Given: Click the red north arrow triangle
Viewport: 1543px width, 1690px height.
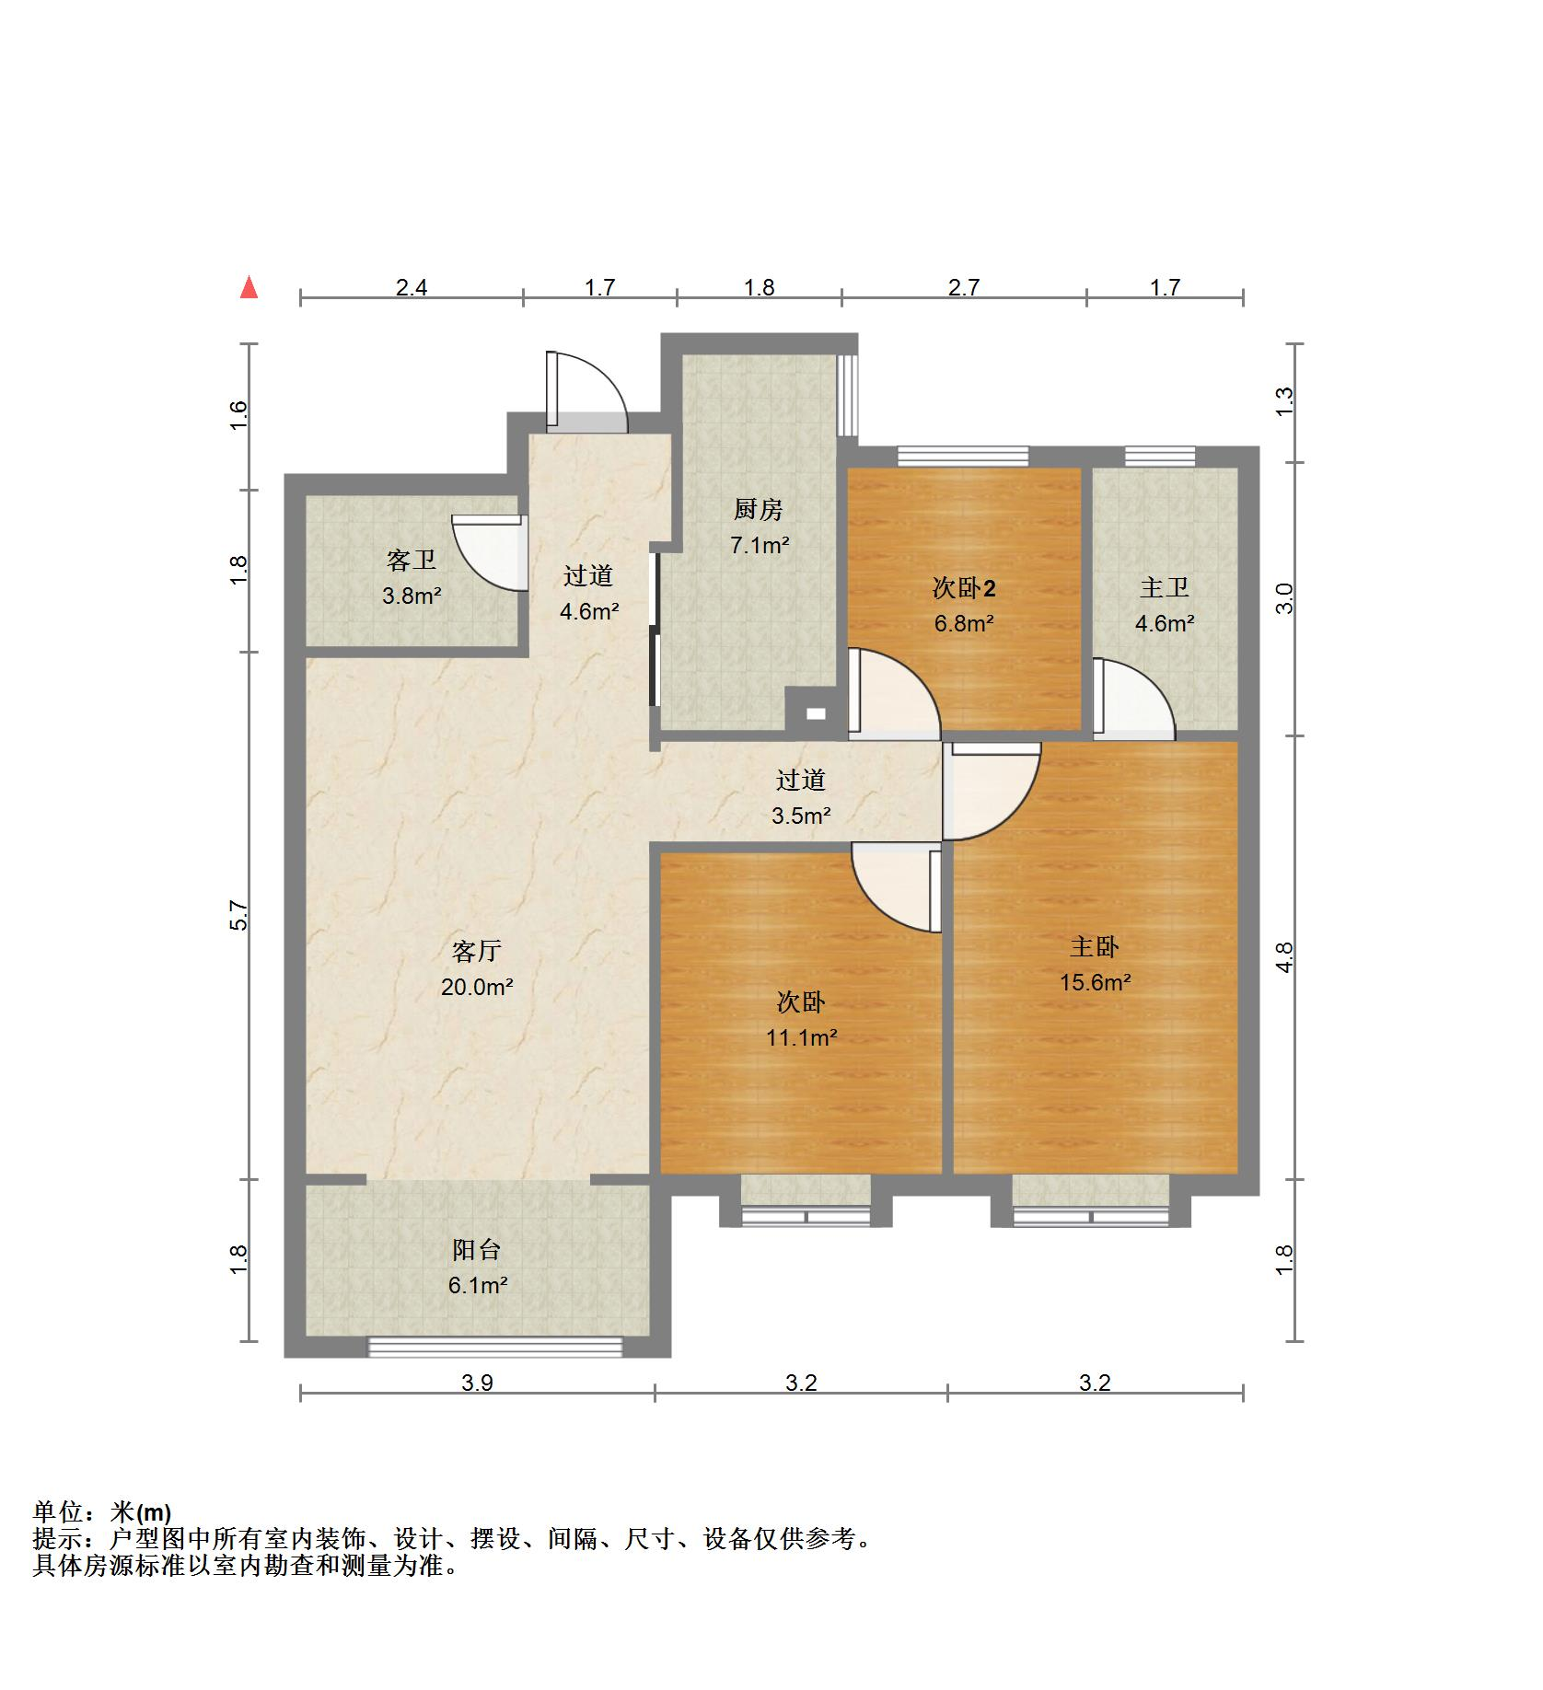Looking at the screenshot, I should tap(249, 288).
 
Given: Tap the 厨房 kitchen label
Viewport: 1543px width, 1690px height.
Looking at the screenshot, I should tap(758, 509).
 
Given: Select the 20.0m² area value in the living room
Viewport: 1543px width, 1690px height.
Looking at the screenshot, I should tap(477, 988).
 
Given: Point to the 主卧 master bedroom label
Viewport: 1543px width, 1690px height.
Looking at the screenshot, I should tap(1095, 946).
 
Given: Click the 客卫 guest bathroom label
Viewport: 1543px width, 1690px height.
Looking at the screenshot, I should tap(412, 560).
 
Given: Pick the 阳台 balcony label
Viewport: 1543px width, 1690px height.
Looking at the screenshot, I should tap(477, 1250).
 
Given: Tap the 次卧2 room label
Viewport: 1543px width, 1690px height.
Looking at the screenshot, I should tap(964, 587).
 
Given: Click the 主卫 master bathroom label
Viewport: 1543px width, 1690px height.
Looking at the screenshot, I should tap(1165, 587).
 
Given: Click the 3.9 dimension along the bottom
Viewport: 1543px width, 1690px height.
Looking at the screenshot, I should tap(477, 1383).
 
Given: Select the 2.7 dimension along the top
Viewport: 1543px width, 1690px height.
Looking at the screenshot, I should tap(964, 287).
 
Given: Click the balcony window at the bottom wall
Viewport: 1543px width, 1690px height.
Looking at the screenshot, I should tap(495, 1348).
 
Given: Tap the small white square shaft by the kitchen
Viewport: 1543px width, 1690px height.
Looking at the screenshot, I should tap(816, 712).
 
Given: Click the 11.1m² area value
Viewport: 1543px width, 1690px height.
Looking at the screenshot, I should tap(802, 1038).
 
